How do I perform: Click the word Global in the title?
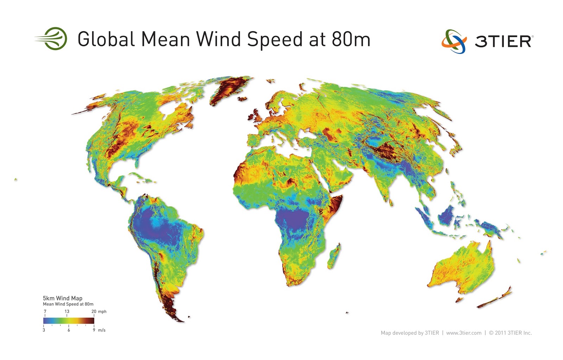click(x=106, y=39)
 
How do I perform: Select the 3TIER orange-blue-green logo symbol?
click(x=454, y=41)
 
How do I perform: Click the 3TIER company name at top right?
click(x=504, y=42)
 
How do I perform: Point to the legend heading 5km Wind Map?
click(x=63, y=298)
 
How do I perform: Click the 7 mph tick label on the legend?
click(x=45, y=311)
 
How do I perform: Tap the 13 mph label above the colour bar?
click(x=67, y=311)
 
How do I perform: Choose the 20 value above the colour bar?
click(x=94, y=311)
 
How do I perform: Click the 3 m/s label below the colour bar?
click(x=44, y=330)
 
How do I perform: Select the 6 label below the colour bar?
click(x=69, y=330)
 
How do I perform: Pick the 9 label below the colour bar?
click(x=94, y=330)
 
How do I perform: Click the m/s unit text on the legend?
click(x=102, y=330)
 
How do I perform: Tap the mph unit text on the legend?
click(x=102, y=311)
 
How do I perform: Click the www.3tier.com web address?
click(x=464, y=333)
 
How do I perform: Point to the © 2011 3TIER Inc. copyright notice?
click(x=510, y=333)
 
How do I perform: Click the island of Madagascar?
click(x=335, y=256)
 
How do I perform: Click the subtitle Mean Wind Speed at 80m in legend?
click(x=68, y=304)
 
